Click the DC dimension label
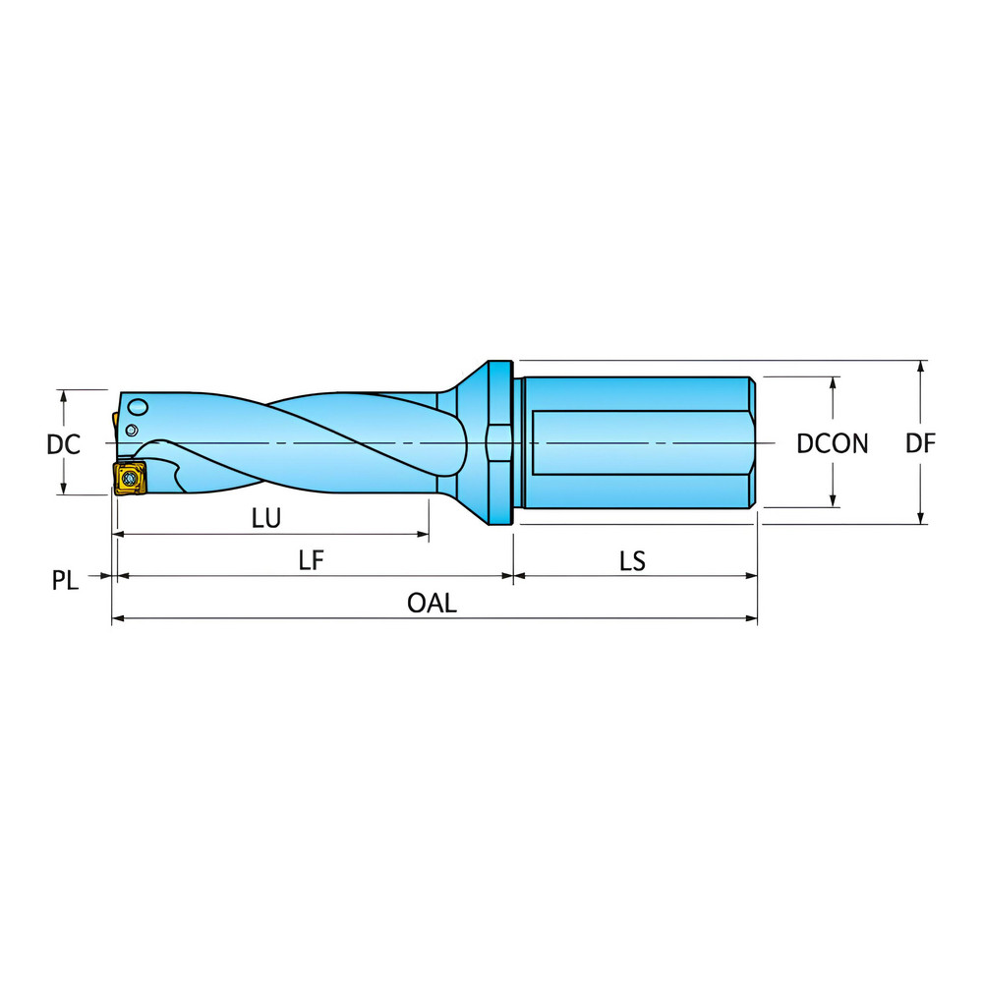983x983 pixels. [x=63, y=444]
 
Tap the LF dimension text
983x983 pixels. [x=312, y=560]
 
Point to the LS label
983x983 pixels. [x=632, y=560]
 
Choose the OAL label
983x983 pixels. [x=433, y=604]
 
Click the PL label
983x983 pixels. [x=65, y=580]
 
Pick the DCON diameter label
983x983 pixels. [x=833, y=444]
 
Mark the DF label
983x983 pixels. [x=921, y=444]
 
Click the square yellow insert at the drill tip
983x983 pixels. [x=129, y=478]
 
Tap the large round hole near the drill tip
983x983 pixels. [x=139, y=407]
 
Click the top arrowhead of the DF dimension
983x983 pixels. [x=921, y=367]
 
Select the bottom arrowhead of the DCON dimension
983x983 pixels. [x=834, y=501]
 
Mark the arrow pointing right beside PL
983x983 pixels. [x=105, y=577]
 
